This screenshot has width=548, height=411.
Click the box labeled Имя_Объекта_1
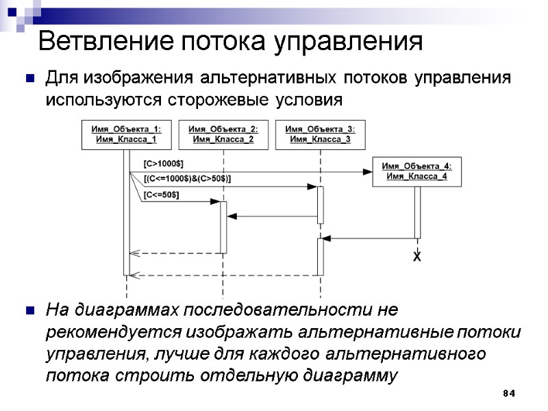[126, 134]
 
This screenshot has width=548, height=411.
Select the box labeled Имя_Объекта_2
[223, 134]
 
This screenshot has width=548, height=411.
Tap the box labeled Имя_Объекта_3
[320, 134]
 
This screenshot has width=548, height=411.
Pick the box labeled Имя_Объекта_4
[416, 171]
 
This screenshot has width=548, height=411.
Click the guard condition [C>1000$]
[162, 164]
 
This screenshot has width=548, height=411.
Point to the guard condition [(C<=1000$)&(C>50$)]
[187, 179]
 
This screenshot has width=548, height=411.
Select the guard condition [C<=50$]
[161, 195]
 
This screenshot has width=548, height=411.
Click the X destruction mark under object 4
[416, 256]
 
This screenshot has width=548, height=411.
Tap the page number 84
[508, 394]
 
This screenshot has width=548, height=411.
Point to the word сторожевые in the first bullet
[219, 100]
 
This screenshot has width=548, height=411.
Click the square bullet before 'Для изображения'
[30, 78]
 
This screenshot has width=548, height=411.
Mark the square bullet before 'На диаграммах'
[30, 311]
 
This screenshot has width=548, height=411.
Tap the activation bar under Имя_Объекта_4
[416, 212]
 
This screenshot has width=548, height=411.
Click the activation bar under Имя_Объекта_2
[223, 227]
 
